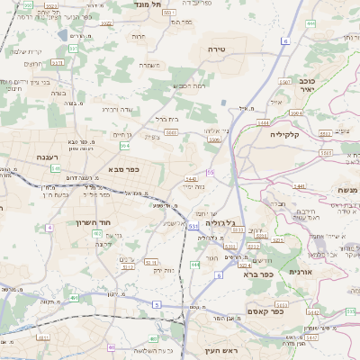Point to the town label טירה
(x=215, y=48)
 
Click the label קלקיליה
(x=289, y=133)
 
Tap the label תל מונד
(x=148, y=4)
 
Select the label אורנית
(x=300, y=271)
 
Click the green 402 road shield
(x=96, y=233)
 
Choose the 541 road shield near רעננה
(x=55, y=167)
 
